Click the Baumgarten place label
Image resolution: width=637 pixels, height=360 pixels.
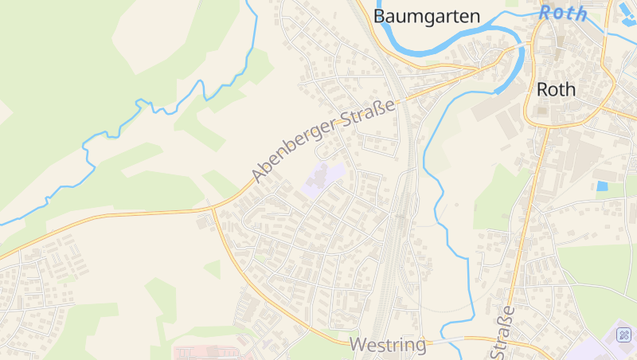coord(427,16)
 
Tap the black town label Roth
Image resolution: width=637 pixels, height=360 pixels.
coord(556,89)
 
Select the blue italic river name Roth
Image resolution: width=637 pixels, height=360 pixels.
coord(562,14)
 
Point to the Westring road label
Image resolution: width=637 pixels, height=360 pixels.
coord(388,346)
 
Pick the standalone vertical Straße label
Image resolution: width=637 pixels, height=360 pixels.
coord(503,334)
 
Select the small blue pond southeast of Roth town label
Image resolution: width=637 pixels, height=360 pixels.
coord(603,186)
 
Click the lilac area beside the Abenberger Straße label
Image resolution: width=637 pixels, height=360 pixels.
coord(323,179)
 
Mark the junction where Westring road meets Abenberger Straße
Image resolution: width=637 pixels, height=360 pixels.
coord(213,209)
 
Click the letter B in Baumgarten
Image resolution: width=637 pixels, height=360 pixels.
coord(380,16)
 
